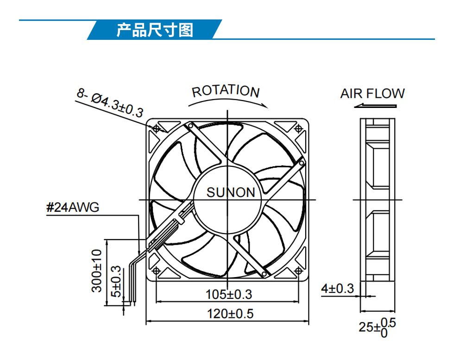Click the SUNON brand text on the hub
pyautogui.click(x=231, y=192)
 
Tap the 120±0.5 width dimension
pyautogui.click(x=230, y=314)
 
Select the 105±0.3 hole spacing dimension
pyautogui.click(x=229, y=294)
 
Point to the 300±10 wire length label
pyautogui.click(x=97, y=271)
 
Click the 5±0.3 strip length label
pyautogui.click(x=116, y=281)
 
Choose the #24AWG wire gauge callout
pyautogui.click(x=73, y=208)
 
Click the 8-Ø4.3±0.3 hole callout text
pyautogui.click(x=110, y=103)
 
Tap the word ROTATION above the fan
pyautogui.click(x=226, y=91)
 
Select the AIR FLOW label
pyautogui.click(x=372, y=94)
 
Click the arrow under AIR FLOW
pyautogui.click(x=375, y=106)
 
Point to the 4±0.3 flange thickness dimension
pyautogui.click(x=337, y=289)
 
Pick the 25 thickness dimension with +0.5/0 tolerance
pyautogui.click(x=377, y=328)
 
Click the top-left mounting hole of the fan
pyautogui.click(x=157, y=128)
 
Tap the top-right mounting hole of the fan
pyautogui.click(x=298, y=128)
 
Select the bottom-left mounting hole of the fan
pyautogui.click(x=157, y=271)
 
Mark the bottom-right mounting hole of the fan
pyautogui.click(x=298, y=271)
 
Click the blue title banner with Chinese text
pyautogui.click(x=154, y=30)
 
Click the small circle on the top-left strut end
pyautogui.click(x=190, y=126)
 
